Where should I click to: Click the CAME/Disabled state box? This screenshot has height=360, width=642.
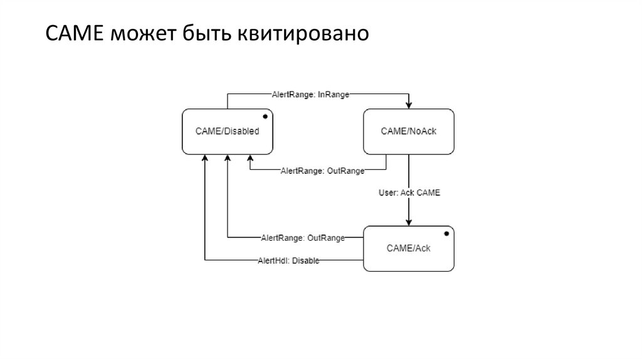(228, 131)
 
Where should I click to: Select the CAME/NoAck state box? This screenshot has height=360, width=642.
(409, 131)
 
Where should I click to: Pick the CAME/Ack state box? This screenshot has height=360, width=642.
(409, 248)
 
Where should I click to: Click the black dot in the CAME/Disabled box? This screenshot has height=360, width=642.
(265, 117)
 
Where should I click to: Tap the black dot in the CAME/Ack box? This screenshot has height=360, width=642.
(446, 234)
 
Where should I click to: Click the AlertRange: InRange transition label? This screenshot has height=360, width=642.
(310, 94)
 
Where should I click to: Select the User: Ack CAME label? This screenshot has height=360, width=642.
(409, 193)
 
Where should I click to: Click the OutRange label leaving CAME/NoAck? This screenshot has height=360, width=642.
(322, 171)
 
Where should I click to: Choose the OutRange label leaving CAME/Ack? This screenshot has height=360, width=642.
(303, 238)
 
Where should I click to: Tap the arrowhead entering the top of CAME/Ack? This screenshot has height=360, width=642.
(409, 222)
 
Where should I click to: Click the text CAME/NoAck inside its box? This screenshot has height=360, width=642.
(409, 131)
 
